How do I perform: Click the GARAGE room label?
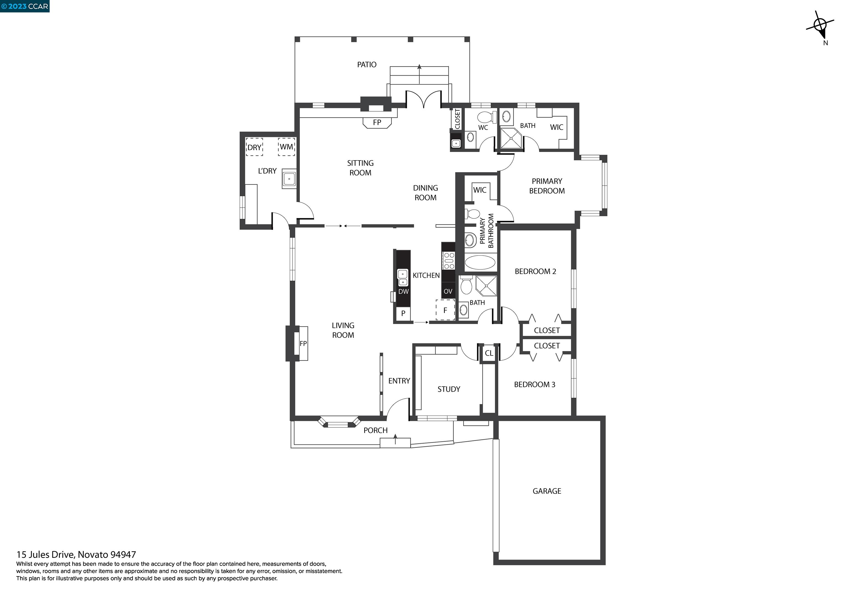click(546, 491)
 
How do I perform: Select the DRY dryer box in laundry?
click(254, 147)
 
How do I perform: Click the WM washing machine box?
click(286, 147)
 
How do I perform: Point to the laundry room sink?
click(289, 179)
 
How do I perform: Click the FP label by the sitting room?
click(377, 122)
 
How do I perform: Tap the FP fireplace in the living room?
click(303, 344)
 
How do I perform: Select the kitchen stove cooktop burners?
click(449, 261)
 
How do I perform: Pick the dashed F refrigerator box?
click(445, 310)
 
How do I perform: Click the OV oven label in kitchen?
click(448, 292)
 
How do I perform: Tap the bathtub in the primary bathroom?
click(479, 263)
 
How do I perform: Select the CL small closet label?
click(489, 353)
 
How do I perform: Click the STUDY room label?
click(449, 389)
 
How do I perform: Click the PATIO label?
click(366, 65)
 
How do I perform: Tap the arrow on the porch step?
click(395, 439)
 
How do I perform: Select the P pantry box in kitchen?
click(403, 313)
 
